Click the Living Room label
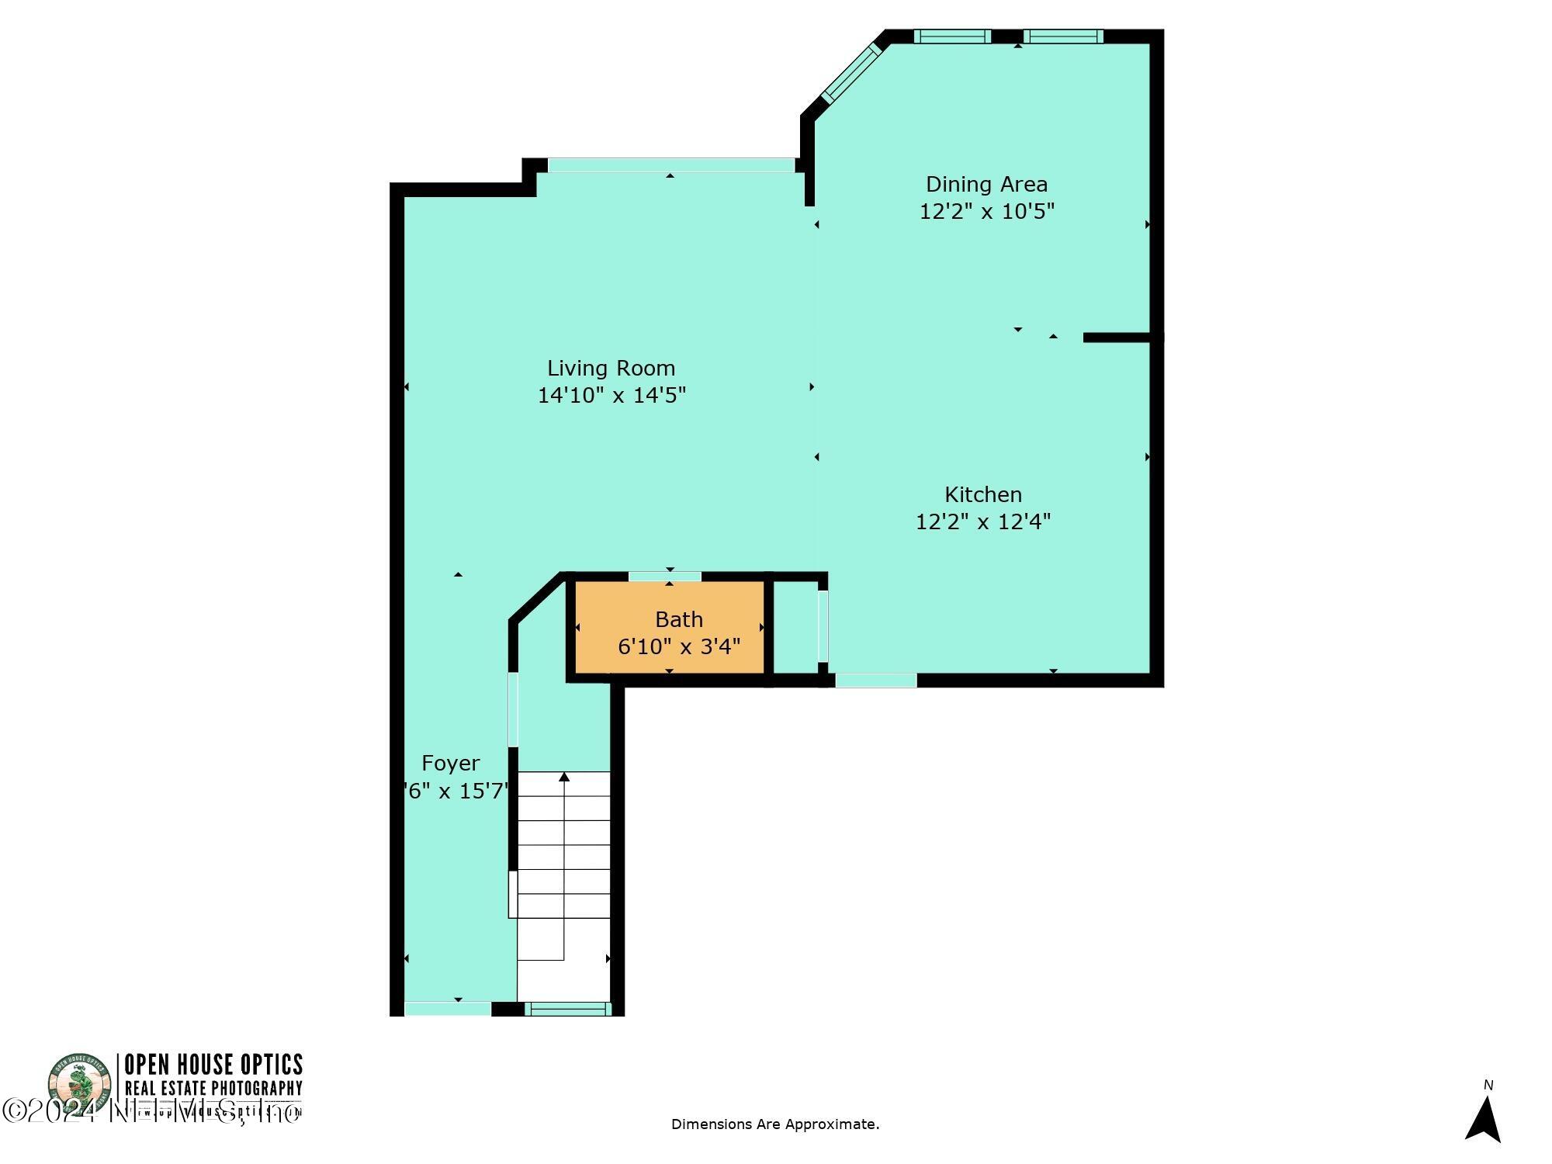[611, 368]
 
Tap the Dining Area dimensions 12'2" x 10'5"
[986, 211]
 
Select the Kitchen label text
[982, 494]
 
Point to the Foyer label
[450, 763]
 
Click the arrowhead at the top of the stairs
[564, 777]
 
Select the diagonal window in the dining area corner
[851, 73]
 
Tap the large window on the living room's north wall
[671, 165]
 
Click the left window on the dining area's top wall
[951, 36]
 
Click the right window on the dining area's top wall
[1062, 36]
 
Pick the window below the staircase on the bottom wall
[567, 1009]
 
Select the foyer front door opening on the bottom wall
[448, 1009]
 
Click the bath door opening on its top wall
[664, 577]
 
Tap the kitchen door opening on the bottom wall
[876, 681]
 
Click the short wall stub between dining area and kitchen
[1117, 338]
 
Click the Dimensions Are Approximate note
[774, 1124]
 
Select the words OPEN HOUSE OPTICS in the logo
[213, 1064]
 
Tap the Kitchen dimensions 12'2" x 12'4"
[982, 521]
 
